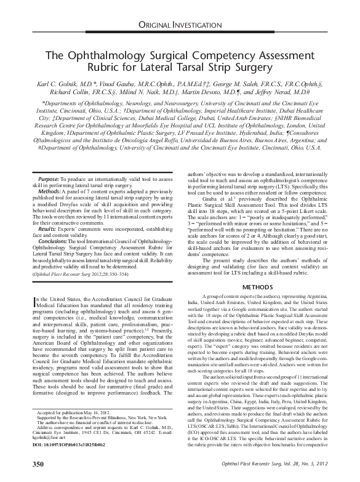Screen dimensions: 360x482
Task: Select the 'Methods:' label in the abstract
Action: (42, 191)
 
